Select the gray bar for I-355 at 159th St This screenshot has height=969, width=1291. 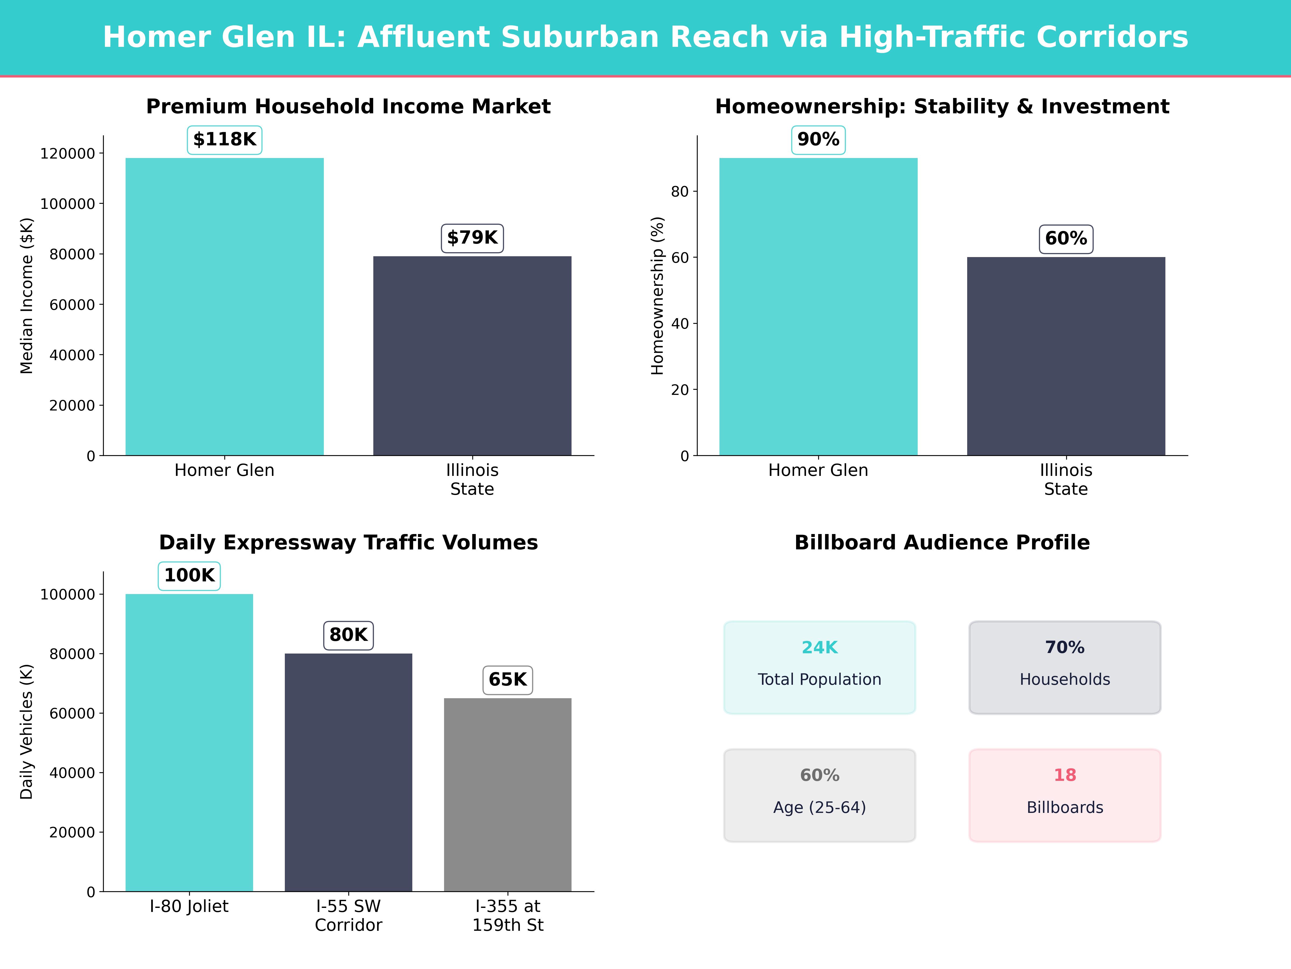[508, 794]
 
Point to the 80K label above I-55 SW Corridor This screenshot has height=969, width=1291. [348, 635]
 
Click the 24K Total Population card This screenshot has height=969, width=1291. [820, 667]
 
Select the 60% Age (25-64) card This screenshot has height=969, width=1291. [820, 795]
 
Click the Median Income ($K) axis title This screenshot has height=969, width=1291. [27, 296]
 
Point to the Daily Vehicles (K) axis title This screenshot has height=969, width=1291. [27, 731]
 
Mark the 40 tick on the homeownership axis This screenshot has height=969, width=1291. [680, 324]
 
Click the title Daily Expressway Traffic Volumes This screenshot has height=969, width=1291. [348, 543]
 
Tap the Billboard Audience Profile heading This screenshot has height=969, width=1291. [942, 543]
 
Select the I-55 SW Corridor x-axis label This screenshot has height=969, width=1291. [348, 915]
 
